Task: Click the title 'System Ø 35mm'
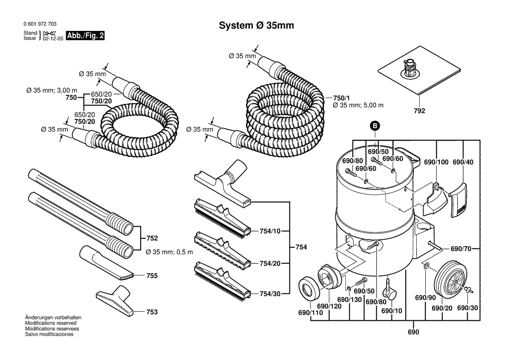click(256, 26)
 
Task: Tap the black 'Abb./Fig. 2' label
click(85, 35)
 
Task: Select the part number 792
click(419, 111)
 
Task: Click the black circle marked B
click(375, 126)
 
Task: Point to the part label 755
click(152, 276)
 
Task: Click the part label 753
click(152, 312)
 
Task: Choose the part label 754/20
click(270, 264)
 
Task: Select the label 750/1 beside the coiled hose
click(342, 98)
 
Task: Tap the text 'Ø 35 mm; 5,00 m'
click(358, 105)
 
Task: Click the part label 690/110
click(310, 313)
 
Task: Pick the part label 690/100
click(436, 162)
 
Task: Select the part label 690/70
click(461, 249)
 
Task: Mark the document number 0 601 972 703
click(40, 24)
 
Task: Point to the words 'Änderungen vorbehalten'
click(53, 317)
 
